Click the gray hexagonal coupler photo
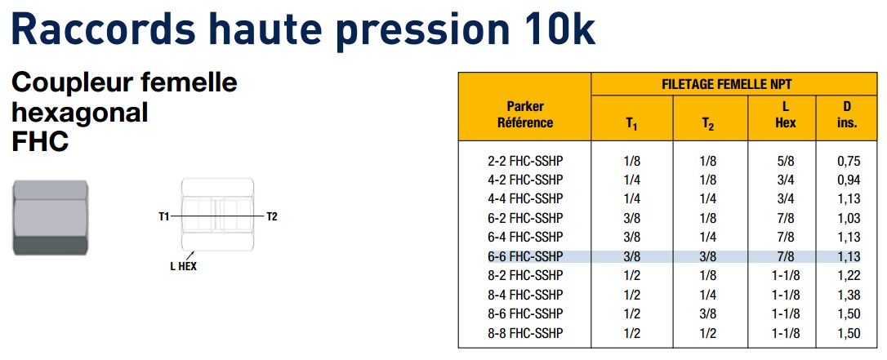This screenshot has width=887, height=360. point(51,218)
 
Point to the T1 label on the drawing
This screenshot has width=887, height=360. point(164,216)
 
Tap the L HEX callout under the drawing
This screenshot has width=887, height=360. point(183,266)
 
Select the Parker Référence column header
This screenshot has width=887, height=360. point(525,115)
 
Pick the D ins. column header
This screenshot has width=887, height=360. point(847,115)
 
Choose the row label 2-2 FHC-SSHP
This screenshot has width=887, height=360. point(525,161)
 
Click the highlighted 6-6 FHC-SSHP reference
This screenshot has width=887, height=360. point(525,256)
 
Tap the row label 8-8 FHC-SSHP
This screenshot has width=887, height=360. point(525,333)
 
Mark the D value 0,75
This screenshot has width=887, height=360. point(849,161)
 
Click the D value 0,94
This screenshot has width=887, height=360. point(849,180)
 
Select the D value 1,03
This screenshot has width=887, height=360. point(849,218)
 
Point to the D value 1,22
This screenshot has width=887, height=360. point(849,276)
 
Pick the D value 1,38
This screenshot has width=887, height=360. point(849,295)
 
